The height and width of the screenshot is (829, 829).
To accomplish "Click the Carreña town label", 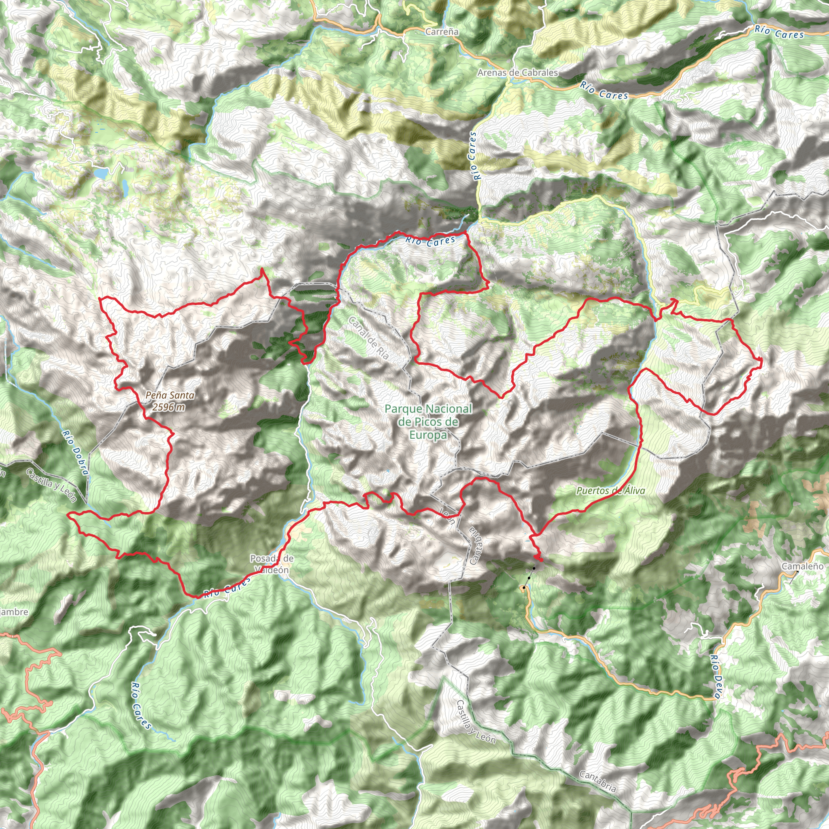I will [442, 32].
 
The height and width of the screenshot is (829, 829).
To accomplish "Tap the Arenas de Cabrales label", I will [517, 72].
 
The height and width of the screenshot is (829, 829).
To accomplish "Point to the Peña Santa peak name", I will [170, 395].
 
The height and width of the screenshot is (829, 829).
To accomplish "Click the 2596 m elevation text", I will [169, 407].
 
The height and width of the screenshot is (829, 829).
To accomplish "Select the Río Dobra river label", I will [75, 453].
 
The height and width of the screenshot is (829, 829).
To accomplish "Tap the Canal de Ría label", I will [369, 338].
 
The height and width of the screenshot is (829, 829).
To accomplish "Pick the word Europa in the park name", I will [428, 435].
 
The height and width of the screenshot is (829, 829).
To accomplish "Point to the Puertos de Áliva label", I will [610, 491].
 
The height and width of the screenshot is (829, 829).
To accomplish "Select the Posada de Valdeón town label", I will [272, 564].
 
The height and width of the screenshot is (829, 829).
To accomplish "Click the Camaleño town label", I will [802, 566].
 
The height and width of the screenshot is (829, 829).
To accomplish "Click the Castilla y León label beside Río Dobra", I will [51, 485].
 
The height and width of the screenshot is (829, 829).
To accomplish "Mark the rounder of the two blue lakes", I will [102, 173].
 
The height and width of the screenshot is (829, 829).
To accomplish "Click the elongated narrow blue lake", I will [125, 186].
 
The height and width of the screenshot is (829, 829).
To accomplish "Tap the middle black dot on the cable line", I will [529, 578].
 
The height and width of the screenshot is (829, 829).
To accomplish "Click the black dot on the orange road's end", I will [524, 587].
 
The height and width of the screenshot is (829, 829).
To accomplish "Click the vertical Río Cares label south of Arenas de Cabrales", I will [473, 155].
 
